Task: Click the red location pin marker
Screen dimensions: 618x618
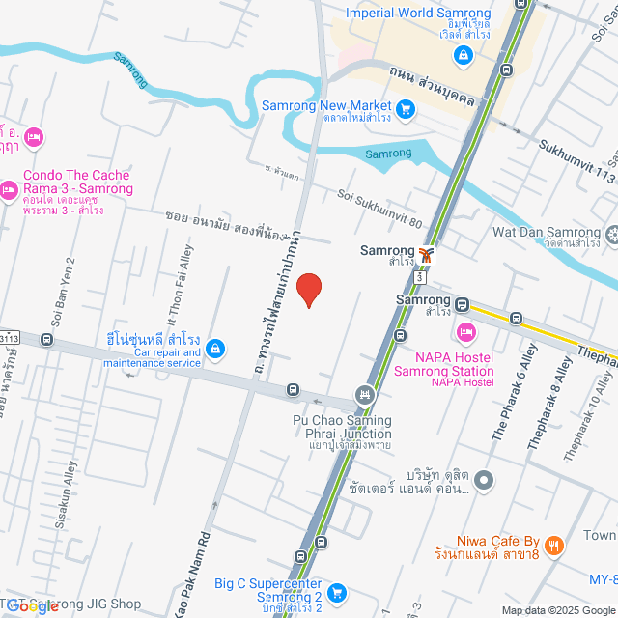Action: pyautogui.click(x=308, y=289)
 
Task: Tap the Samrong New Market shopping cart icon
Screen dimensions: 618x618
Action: pyautogui.click(x=406, y=106)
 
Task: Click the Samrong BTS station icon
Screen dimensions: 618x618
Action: pyautogui.click(x=427, y=256)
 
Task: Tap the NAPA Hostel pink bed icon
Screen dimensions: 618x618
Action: pyautogui.click(x=466, y=333)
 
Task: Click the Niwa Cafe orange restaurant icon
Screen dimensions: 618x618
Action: pyautogui.click(x=553, y=546)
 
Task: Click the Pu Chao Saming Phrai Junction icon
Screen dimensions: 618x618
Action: pyautogui.click(x=364, y=394)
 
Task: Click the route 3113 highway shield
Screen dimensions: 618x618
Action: pyautogui.click(x=10, y=337)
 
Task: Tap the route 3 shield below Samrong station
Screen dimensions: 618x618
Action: pyautogui.click(x=419, y=277)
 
